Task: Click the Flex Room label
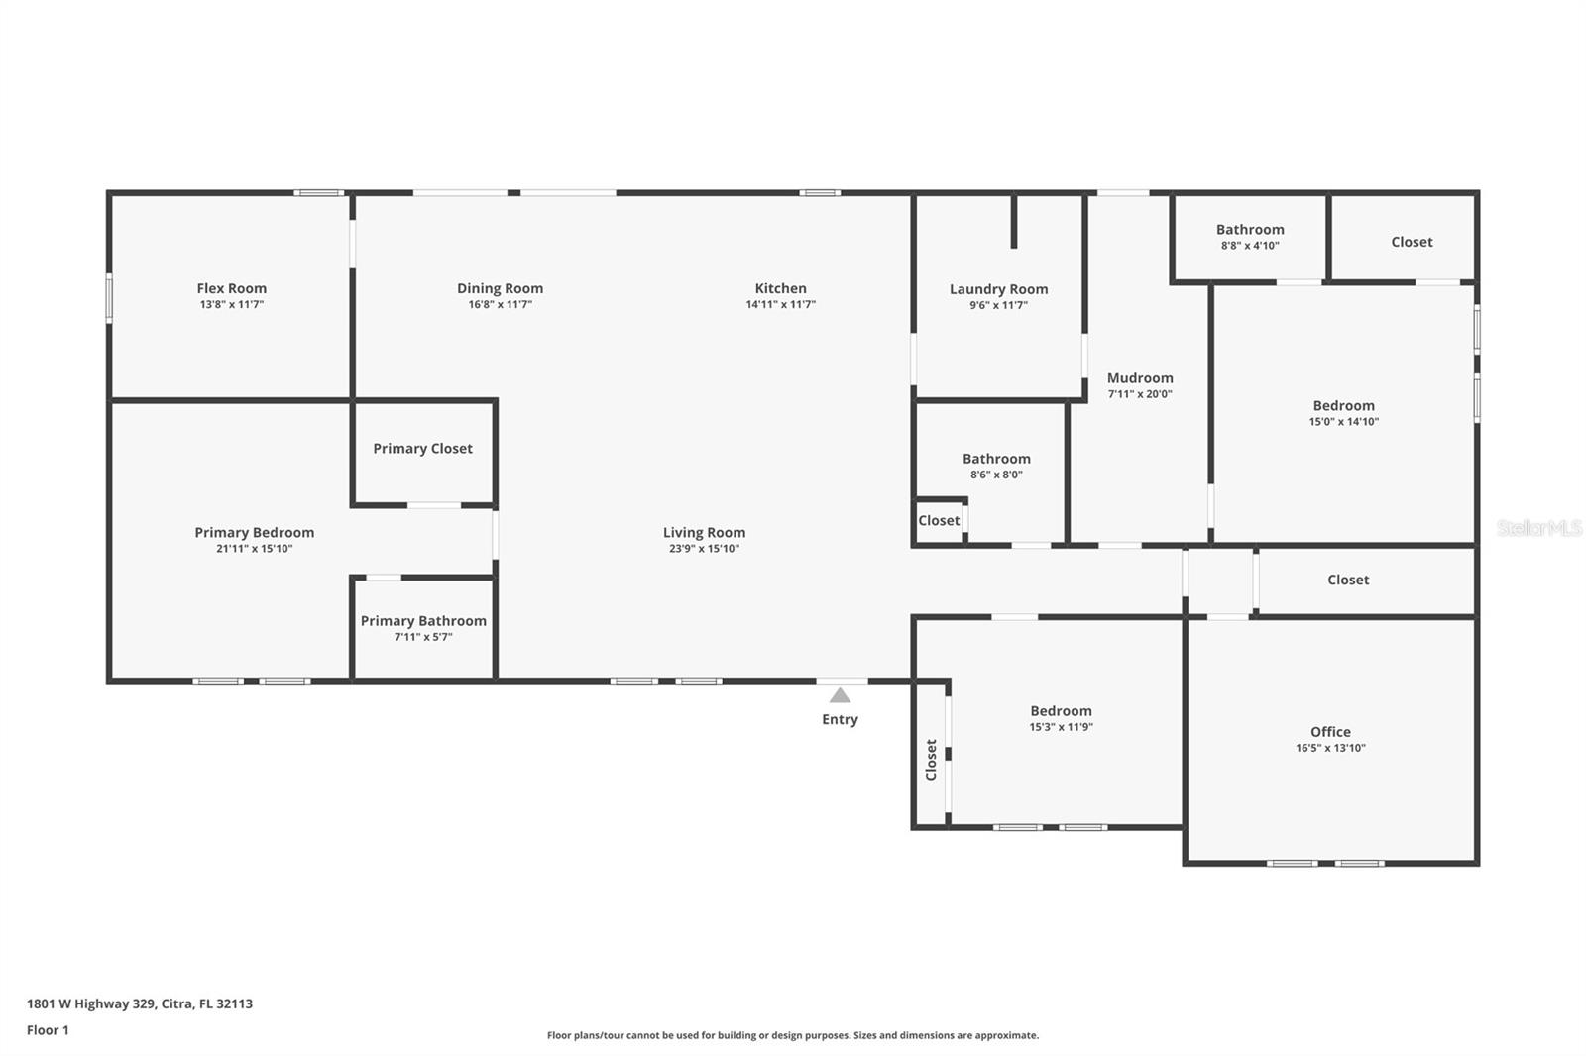(231, 288)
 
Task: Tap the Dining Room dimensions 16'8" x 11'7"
(500, 305)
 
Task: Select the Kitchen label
(780, 288)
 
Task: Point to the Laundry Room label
(998, 289)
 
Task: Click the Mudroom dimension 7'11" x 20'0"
(1140, 394)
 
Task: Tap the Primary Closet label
(422, 448)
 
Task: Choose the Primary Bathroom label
(423, 621)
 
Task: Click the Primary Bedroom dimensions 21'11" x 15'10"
(254, 549)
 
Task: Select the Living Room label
(704, 532)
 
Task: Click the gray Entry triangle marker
(840, 695)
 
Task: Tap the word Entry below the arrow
(840, 719)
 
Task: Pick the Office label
(1330, 731)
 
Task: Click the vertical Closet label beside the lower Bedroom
(931, 759)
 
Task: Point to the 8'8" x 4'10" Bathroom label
(1250, 229)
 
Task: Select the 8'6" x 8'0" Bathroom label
(996, 458)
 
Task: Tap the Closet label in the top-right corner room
(1412, 242)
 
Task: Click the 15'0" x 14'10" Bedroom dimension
(1343, 422)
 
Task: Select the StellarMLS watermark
(1538, 528)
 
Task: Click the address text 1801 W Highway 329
(91, 1003)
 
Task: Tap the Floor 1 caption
(48, 1030)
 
